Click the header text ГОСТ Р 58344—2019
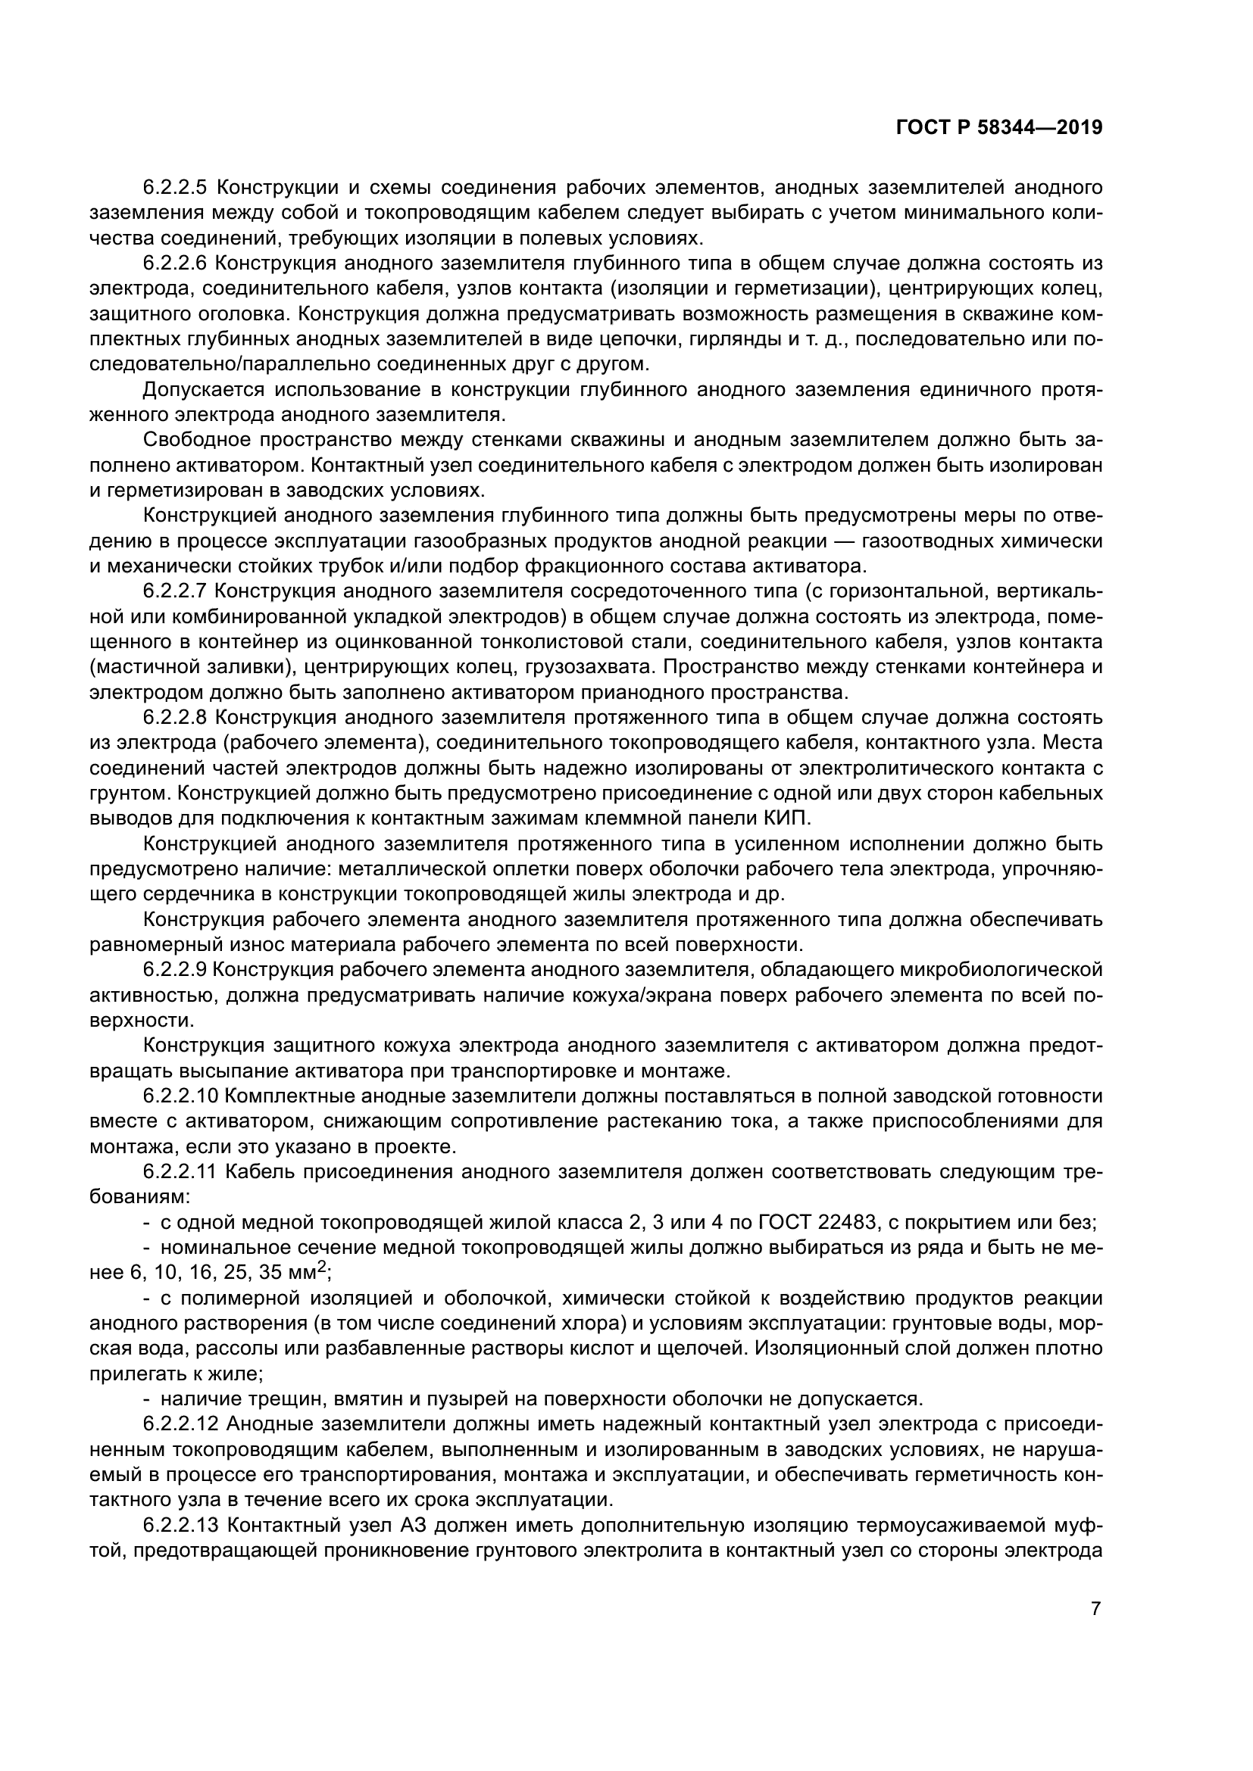pos(998,128)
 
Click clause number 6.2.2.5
pos(175,188)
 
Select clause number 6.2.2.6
pos(175,263)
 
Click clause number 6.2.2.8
pos(175,717)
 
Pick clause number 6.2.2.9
pos(175,970)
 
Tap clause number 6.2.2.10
pos(181,1096)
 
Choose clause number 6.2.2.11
pos(181,1171)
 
